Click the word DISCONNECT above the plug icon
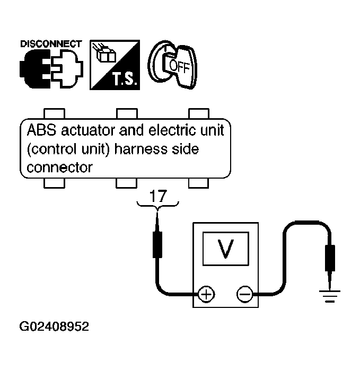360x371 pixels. [x=51, y=44]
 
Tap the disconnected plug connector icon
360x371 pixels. [x=51, y=68]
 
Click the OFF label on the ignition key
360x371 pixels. [x=179, y=66]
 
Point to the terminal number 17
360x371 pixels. [x=158, y=196]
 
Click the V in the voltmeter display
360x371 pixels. [x=225, y=249]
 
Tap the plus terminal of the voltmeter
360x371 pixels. [x=206, y=294]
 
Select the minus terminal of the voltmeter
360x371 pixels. [x=244, y=294]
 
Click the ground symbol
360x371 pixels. [x=329, y=296]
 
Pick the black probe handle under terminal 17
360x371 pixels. [x=157, y=245]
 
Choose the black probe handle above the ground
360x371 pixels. [x=330, y=258]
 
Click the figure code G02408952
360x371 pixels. [x=54, y=326]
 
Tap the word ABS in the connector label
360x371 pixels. [x=42, y=130]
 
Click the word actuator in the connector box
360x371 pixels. [x=89, y=130]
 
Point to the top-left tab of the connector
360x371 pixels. [x=54, y=113]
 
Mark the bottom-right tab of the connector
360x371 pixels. [x=198, y=183]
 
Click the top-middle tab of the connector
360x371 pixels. [x=127, y=113]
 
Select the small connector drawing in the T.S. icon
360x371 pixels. [x=104, y=53]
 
